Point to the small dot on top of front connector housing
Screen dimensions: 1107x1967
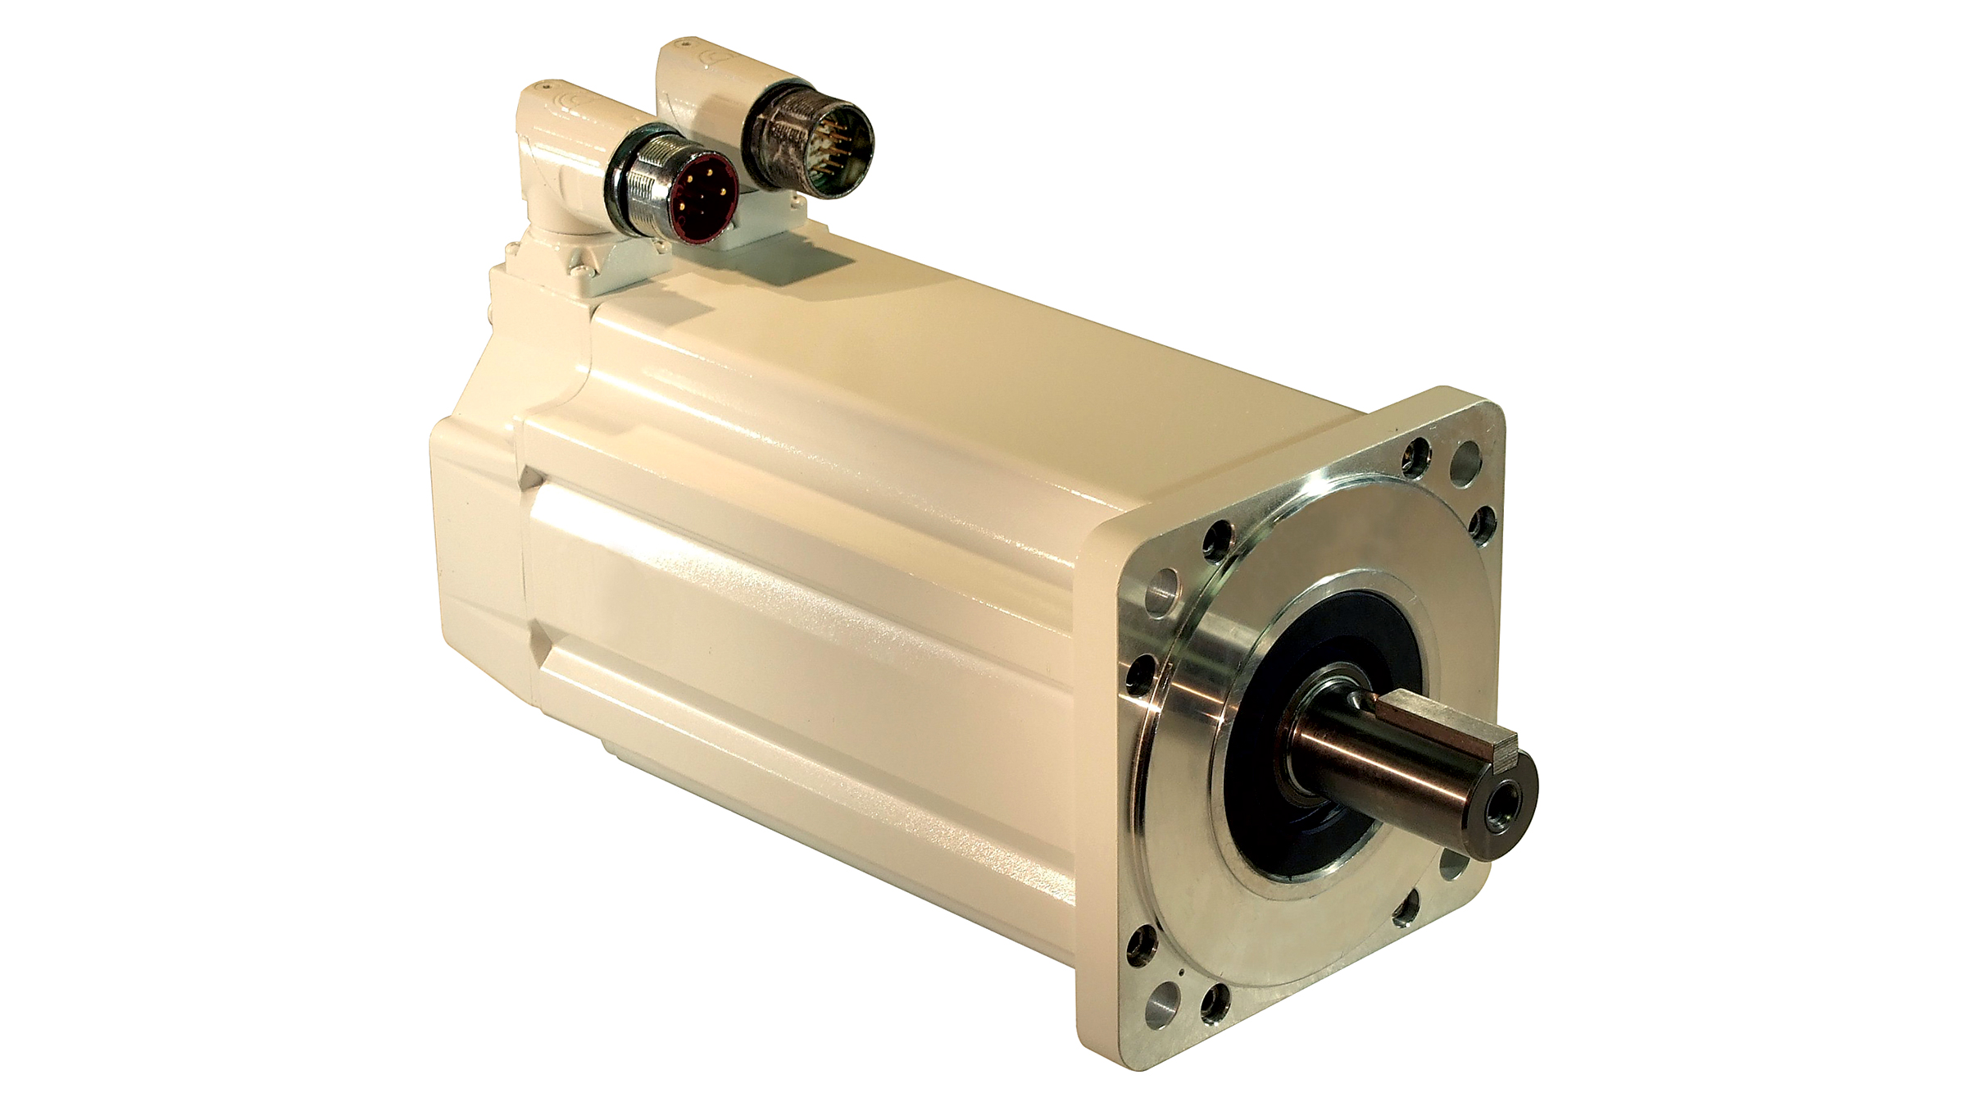point(545,84)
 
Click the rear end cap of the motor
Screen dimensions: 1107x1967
point(475,533)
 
